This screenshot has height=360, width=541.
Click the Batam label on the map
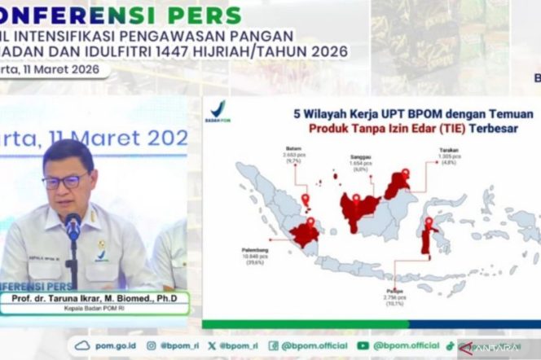click(294, 152)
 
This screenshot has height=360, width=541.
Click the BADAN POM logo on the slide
click(218, 112)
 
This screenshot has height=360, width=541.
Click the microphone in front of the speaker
click(73, 226)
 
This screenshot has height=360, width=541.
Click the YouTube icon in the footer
click(363, 345)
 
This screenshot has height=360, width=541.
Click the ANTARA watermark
click(495, 346)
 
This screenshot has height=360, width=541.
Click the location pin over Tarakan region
click(405, 174)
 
